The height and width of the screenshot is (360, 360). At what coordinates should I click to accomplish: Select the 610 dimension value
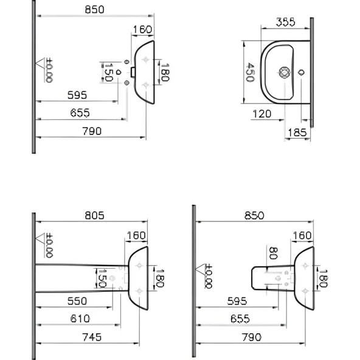click(x=81, y=318)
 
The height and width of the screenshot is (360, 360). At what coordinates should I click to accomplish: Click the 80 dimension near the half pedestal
click(x=272, y=254)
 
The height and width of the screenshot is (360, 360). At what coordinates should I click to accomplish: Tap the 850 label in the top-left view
click(x=95, y=9)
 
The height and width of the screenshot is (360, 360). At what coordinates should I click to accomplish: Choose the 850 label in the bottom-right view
click(x=254, y=215)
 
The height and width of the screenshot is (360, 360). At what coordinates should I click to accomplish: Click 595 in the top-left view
click(x=77, y=95)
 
